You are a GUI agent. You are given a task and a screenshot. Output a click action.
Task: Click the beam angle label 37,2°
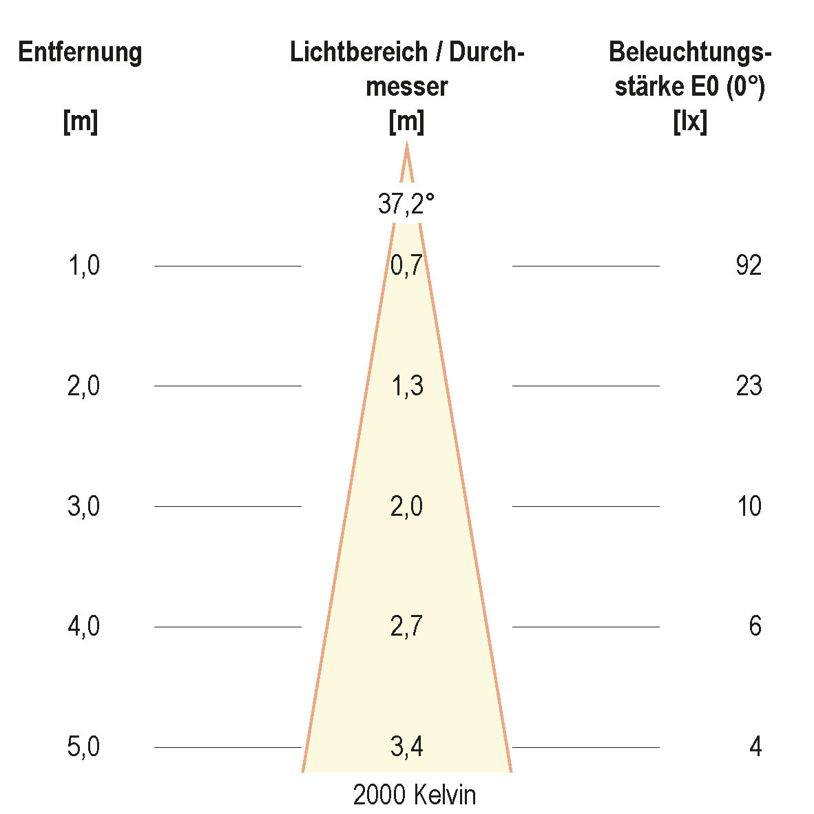pos(406,204)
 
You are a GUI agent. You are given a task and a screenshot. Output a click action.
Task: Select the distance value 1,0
pos(84,265)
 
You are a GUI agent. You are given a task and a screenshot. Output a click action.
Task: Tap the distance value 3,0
pos(84,507)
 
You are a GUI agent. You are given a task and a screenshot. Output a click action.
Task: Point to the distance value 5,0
pos(84,747)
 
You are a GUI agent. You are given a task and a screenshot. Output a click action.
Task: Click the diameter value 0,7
pos(406,266)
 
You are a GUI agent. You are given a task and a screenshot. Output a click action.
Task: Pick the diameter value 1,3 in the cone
pos(406,386)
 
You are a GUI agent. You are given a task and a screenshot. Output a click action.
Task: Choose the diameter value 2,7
pos(406,627)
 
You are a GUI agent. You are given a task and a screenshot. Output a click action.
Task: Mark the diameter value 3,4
pos(406,747)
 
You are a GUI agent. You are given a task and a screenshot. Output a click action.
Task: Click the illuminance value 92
pos(749,265)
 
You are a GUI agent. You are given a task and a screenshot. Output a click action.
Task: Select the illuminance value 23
pos(749,386)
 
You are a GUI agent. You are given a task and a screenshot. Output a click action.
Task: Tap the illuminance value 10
pos(749,507)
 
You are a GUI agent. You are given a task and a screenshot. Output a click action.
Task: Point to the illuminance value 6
pos(755,627)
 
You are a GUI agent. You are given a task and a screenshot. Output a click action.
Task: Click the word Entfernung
pos(80,52)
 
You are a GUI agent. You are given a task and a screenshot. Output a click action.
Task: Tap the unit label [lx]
pos(690,123)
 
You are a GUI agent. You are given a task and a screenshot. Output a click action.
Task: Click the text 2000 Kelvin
pos(415,795)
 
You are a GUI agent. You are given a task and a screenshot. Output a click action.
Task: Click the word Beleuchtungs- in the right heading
pos(690,52)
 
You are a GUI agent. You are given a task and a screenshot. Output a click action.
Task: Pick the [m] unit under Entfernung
pos(80,123)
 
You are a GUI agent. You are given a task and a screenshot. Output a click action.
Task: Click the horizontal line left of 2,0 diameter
pos(228,507)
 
